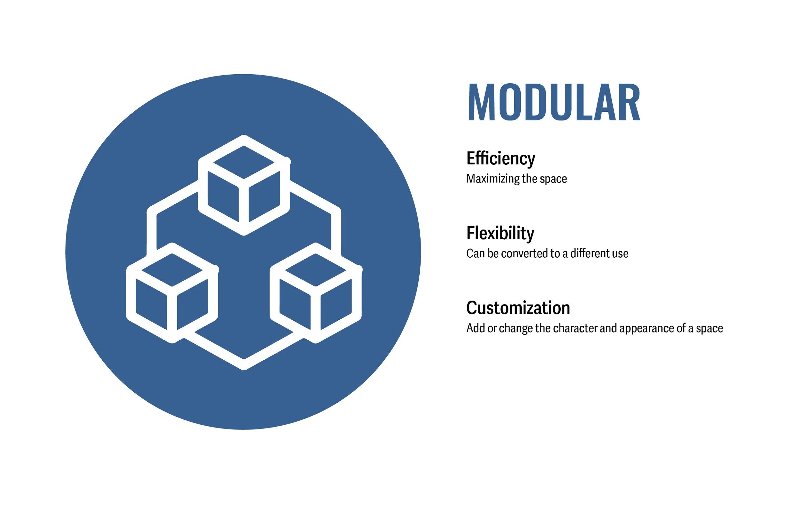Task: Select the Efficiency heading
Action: (x=500, y=158)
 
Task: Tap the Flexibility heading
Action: (x=500, y=233)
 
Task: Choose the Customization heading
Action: (x=518, y=308)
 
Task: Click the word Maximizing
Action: (x=493, y=179)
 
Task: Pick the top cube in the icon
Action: (x=244, y=185)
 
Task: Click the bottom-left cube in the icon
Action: (x=172, y=293)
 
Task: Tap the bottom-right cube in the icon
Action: (x=315, y=293)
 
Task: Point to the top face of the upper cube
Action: (x=244, y=162)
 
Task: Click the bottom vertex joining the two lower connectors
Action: (x=244, y=365)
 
